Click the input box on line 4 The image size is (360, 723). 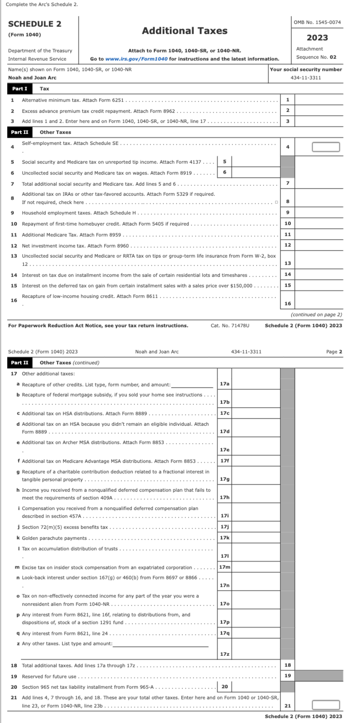[x=326, y=147]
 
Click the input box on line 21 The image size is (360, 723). [x=326, y=705]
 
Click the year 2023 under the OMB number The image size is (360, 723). [x=317, y=38]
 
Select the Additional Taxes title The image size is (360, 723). [x=185, y=31]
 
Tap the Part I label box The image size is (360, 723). [x=20, y=88]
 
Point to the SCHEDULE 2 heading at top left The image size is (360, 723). [x=35, y=24]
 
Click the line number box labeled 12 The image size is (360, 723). [x=288, y=245]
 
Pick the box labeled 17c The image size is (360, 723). [x=224, y=413]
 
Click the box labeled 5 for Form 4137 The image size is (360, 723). [x=224, y=161]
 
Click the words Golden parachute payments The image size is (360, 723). [x=55, y=538]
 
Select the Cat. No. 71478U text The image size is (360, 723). [x=230, y=325]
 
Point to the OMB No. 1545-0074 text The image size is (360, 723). [x=317, y=22]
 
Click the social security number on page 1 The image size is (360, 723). [x=305, y=77]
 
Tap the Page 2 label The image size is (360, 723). [x=334, y=351]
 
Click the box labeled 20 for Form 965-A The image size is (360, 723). [x=224, y=686]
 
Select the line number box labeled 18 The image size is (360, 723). [x=288, y=665]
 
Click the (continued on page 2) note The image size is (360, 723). [x=316, y=314]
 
